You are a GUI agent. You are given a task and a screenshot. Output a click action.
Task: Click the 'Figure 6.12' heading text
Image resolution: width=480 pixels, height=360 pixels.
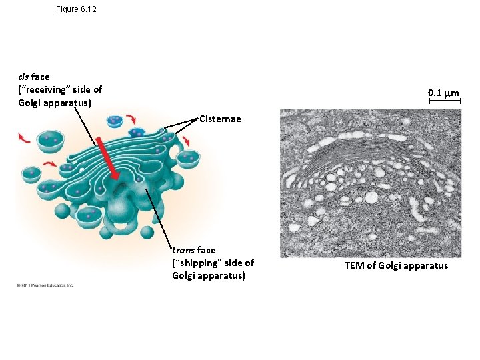click(x=77, y=10)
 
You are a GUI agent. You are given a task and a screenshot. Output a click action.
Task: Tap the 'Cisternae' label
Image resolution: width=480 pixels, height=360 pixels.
click(x=220, y=120)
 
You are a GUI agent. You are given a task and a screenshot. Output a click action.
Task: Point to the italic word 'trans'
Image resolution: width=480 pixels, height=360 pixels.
click(x=183, y=250)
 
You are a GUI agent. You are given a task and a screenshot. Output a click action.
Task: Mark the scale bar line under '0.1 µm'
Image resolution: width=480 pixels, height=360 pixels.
click(x=444, y=103)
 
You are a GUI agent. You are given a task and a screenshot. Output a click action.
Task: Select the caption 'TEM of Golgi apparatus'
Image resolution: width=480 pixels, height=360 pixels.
click(x=396, y=266)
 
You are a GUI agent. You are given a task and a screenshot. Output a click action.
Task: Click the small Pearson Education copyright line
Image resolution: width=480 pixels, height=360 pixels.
click(x=45, y=285)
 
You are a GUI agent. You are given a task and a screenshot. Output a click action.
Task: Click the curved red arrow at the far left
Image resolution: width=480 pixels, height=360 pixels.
click(x=24, y=138)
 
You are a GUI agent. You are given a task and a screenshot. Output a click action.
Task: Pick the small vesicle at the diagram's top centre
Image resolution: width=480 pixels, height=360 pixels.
click(x=115, y=121)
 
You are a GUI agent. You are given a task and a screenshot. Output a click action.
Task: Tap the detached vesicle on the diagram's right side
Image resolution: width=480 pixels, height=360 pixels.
click(x=189, y=158)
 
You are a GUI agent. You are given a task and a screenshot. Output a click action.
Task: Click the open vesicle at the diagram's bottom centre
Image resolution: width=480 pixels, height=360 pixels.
click(x=89, y=215)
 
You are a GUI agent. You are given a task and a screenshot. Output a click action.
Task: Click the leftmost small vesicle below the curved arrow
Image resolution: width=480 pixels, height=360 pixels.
click(x=31, y=175)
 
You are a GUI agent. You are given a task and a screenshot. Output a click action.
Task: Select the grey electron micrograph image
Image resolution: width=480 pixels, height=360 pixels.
click(x=370, y=183)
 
